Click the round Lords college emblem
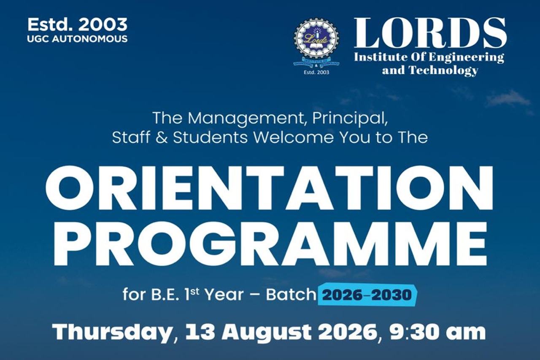pyautogui.click(x=316, y=43)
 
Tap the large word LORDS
pyautogui.click(x=430, y=33)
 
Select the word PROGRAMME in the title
pyautogui.click(x=270, y=243)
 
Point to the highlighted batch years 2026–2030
pyautogui.click(x=367, y=295)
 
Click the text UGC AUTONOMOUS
pyautogui.click(x=77, y=39)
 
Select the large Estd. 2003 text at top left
pyautogui.click(x=77, y=24)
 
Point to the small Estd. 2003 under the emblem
pyautogui.click(x=316, y=72)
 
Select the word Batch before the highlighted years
pyautogui.click(x=291, y=295)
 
